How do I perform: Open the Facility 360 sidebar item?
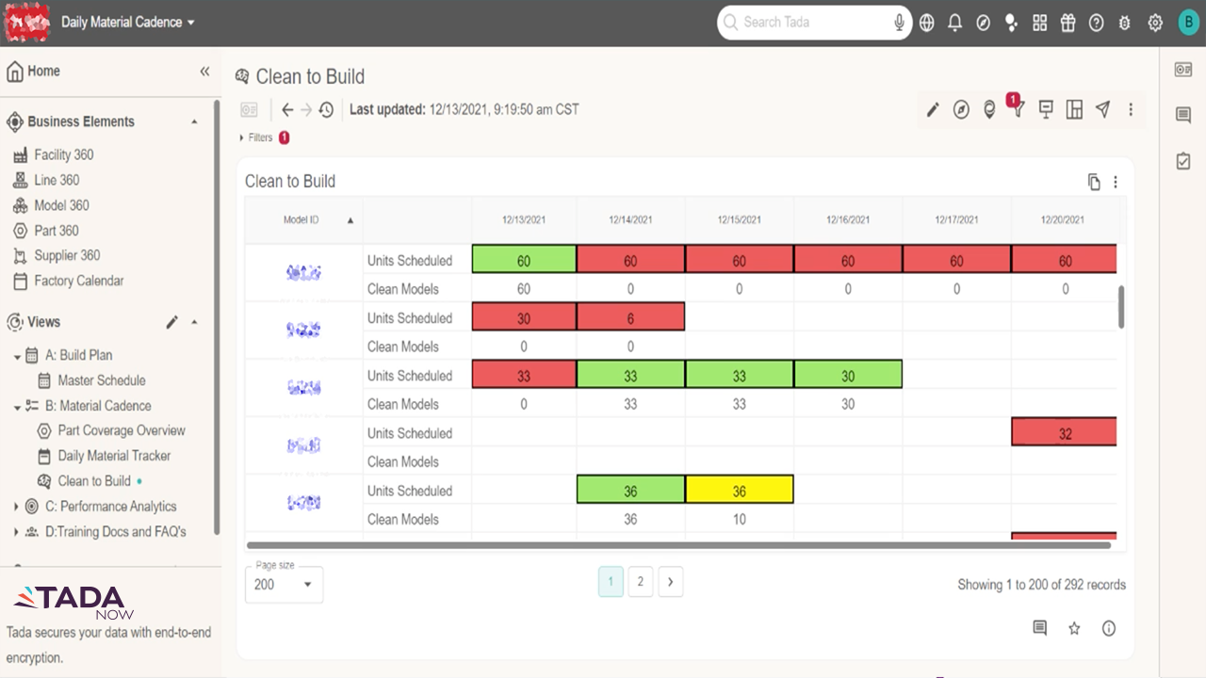coord(63,154)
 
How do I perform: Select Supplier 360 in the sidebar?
coord(67,255)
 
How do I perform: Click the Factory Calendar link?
coord(78,281)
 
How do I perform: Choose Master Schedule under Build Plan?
coord(101,380)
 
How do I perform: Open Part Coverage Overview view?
coord(121,430)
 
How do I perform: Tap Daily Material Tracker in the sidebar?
coord(114,456)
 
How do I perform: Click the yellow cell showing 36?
coord(739,491)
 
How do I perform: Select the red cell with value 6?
coord(630,318)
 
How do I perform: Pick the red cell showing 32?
coord(1064,433)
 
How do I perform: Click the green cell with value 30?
coord(848,376)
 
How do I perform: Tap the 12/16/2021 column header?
coord(848,220)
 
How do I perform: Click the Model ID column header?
coord(301,220)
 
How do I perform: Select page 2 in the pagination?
coord(640,582)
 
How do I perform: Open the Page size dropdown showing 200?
coord(284,585)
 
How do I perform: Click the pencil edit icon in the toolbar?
coord(933,110)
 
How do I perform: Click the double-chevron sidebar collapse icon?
coord(204,72)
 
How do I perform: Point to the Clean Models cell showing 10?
coord(739,519)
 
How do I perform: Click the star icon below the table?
coord(1074,628)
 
